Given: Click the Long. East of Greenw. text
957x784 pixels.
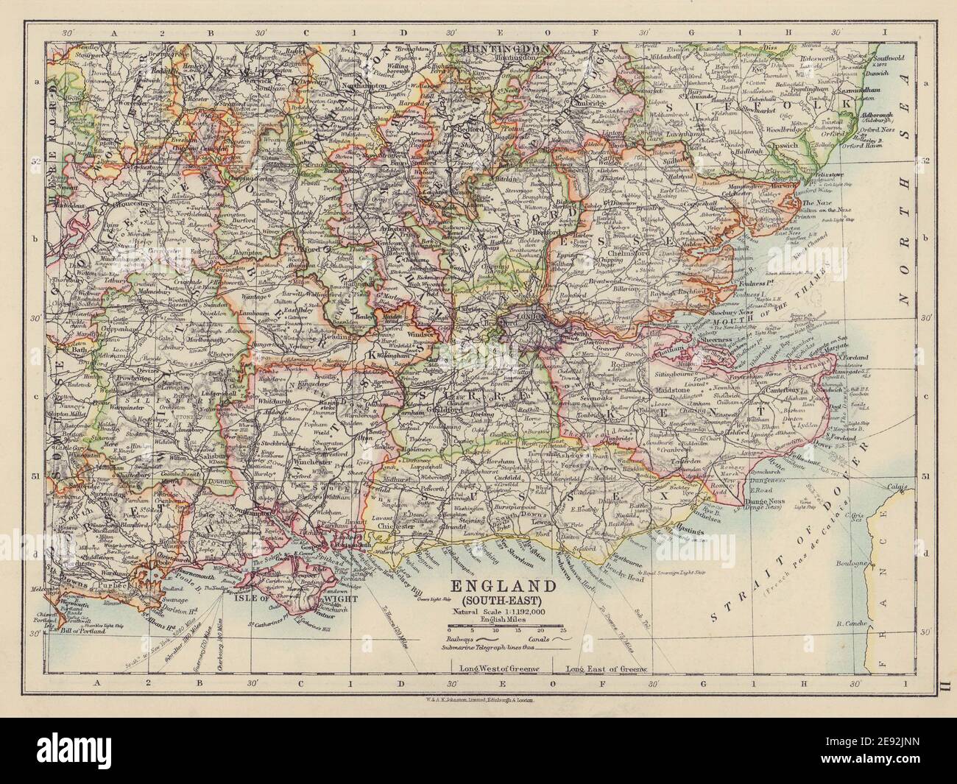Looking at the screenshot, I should (x=605, y=669).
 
